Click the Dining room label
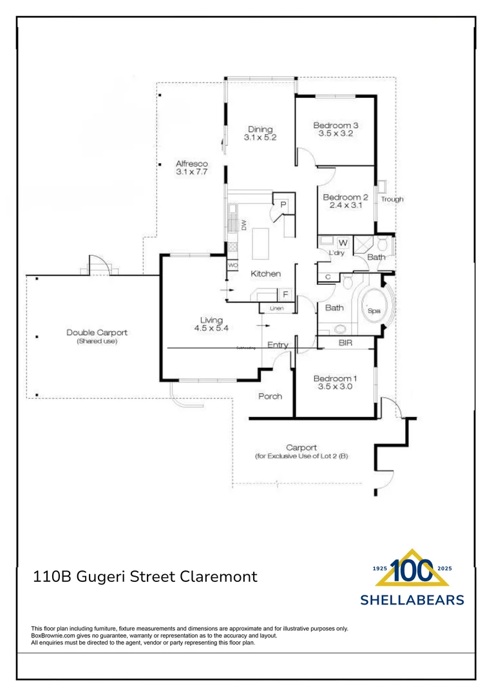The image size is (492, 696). coord(260,129)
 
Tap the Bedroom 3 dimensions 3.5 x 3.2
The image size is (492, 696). coord(335,134)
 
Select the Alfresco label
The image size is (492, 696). coord(191,164)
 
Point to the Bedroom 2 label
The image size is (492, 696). coord(345,197)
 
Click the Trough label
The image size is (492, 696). coord(392,199)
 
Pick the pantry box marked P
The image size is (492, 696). coord(283,205)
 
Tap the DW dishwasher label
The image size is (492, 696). coord(244,225)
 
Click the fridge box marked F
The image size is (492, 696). coord(285,295)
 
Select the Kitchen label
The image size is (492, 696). coord(265,274)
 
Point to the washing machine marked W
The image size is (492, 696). coord(343,242)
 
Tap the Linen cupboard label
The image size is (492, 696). coord(276,309)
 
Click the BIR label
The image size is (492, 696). coord(345,343)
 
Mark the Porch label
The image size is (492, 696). coord(270,396)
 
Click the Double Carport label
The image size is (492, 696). coord(97,333)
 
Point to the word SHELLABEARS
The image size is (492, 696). coord(412,600)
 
